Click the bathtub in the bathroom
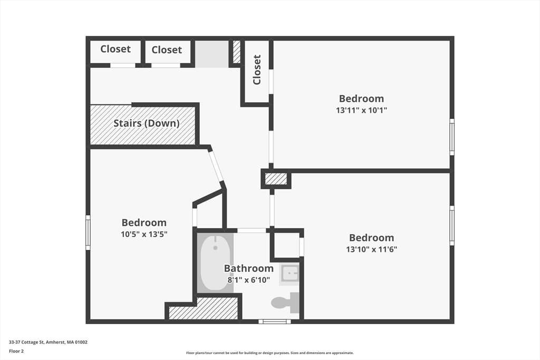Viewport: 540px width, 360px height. click(x=215, y=263)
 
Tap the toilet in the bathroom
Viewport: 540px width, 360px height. click(x=285, y=303)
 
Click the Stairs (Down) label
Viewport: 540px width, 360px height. click(x=147, y=123)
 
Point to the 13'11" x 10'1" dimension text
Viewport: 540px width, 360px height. click(x=361, y=110)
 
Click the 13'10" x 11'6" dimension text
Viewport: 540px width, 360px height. click(x=372, y=249)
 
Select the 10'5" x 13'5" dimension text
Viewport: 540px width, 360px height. click(x=144, y=235)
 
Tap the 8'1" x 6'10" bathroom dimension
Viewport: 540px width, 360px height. click(x=249, y=280)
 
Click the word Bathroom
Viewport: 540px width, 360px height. click(x=249, y=268)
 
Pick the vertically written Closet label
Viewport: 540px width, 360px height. click(x=257, y=70)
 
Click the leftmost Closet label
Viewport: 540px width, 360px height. click(x=115, y=49)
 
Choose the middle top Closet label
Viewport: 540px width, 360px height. click(x=167, y=50)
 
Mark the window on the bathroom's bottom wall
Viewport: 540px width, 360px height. click(x=274, y=322)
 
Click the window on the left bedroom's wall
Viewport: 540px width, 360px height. click(x=88, y=232)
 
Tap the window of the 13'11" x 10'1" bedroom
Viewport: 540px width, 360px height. click(x=452, y=137)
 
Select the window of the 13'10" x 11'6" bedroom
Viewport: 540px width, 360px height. click(x=452, y=226)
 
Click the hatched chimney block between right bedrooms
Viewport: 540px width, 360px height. click(x=275, y=179)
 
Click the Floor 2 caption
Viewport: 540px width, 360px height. click(x=16, y=351)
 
